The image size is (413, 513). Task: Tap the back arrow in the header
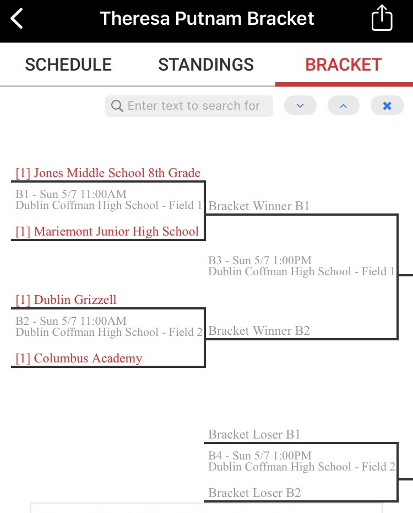pyautogui.click(x=17, y=19)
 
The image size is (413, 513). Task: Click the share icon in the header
pyautogui.click(x=382, y=19)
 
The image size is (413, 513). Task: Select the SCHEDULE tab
pyautogui.click(x=68, y=65)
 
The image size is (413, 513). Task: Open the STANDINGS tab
pyautogui.click(x=206, y=65)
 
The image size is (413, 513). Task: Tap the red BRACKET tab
pyautogui.click(x=344, y=65)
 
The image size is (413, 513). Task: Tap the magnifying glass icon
pyautogui.click(x=117, y=106)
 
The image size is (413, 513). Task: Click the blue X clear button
pyautogui.click(x=387, y=106)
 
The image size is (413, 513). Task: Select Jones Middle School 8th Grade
pyautogui.click(x=108, y=173)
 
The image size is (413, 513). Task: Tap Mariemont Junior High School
pyautogui.click(x=107, y=231)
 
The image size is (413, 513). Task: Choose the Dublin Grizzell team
pyautogui.click(x=66, y=300)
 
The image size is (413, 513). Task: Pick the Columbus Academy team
pyautogui.click(x=79, y=359)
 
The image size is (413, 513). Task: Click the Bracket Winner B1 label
pyautogui.click(x=259, y=206)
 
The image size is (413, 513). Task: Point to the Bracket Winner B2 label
pyautogui.click(x=259, y=331)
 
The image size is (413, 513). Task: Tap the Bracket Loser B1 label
pyautogui.click(x=254, y=435)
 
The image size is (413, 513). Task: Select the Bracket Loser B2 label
pyautogui.click(x=254, y=493)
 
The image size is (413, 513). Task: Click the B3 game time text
pyautogui.click(x=260, y=260)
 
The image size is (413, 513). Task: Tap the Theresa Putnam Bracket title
pyautogui.click(x=207, y=19)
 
